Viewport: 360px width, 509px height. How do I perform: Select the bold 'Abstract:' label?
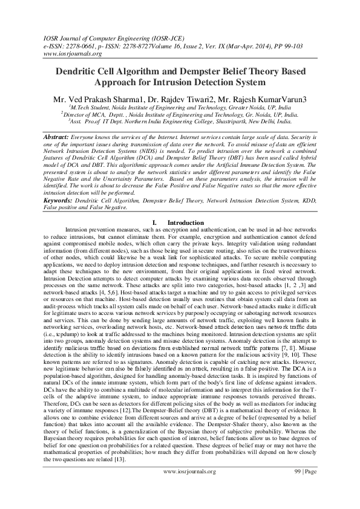[x=56, y=137]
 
